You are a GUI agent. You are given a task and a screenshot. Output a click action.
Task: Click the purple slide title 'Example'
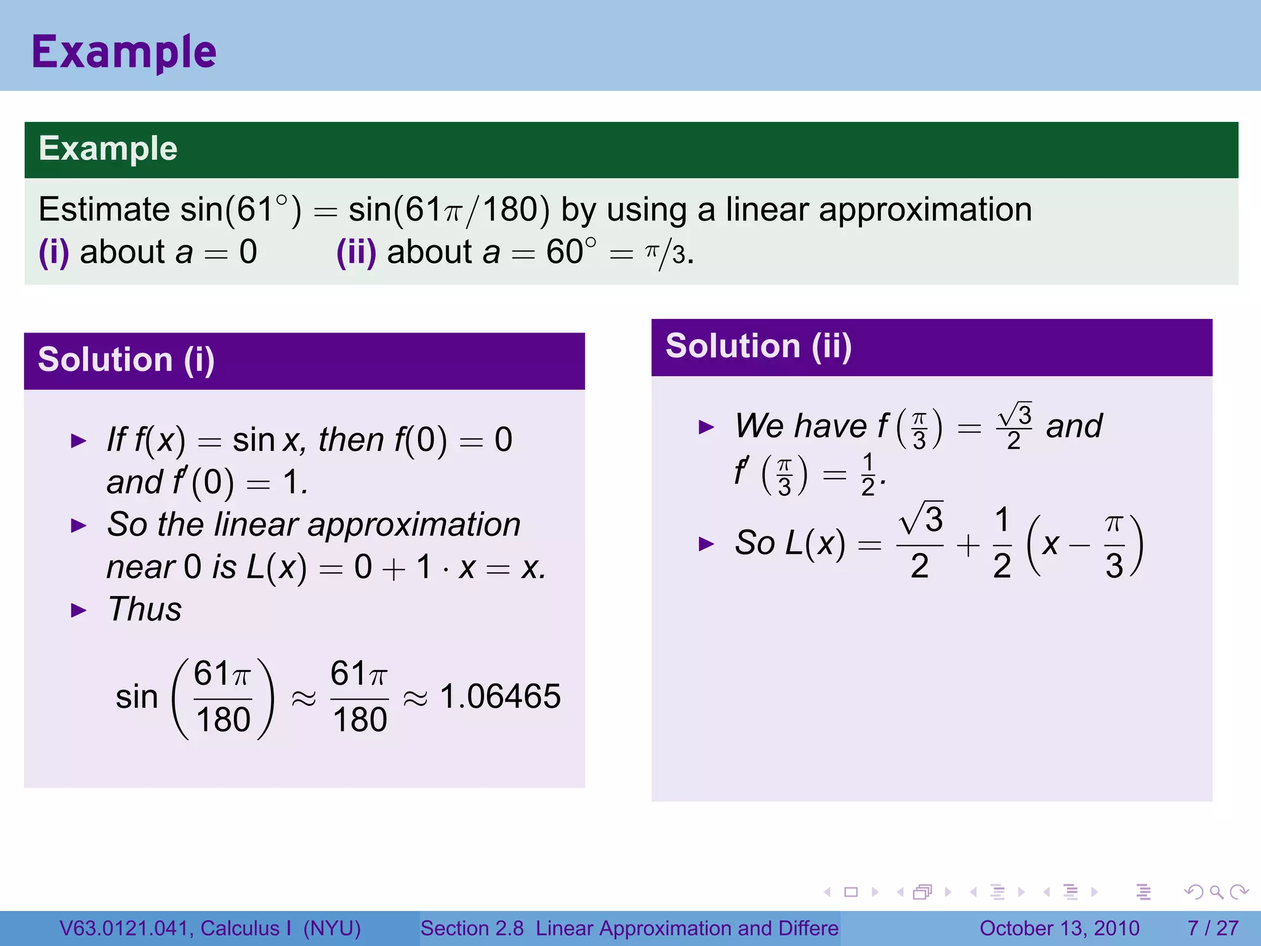pos(124,52)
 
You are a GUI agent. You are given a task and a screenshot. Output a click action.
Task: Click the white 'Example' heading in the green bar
pos(108,148)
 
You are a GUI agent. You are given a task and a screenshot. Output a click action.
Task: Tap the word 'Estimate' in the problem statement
pos(103,209)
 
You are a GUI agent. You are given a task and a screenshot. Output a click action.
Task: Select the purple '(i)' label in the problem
pos(54,253)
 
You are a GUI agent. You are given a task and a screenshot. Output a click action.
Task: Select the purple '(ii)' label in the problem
pos(356,253)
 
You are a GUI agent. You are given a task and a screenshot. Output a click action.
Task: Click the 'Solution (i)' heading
pos(126,360)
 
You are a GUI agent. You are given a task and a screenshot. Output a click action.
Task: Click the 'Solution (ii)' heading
pos(759,346)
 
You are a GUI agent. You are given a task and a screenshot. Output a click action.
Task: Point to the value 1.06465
pos(500,697)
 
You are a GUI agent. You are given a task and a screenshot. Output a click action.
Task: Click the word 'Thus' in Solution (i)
pos(145,609)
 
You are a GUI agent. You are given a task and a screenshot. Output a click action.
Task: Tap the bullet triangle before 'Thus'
pos(79,610)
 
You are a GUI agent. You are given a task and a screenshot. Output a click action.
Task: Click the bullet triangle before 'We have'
pos(706,427)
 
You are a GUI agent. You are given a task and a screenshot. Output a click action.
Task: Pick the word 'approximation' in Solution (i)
pos(414,525)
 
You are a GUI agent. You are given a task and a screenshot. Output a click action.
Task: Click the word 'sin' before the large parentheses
pos(137,697)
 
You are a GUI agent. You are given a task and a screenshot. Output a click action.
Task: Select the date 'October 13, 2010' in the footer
pos(1059,928)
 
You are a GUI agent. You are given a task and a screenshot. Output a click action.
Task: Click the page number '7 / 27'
pos(1212,928)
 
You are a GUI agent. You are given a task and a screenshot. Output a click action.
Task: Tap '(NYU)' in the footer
pos(332,928)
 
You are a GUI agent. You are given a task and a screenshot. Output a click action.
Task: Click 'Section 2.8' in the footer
pos(472,928)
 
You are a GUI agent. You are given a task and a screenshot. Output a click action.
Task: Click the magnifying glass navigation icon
pos(1216,892)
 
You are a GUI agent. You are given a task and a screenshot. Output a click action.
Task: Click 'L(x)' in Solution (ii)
pos(815,544)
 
